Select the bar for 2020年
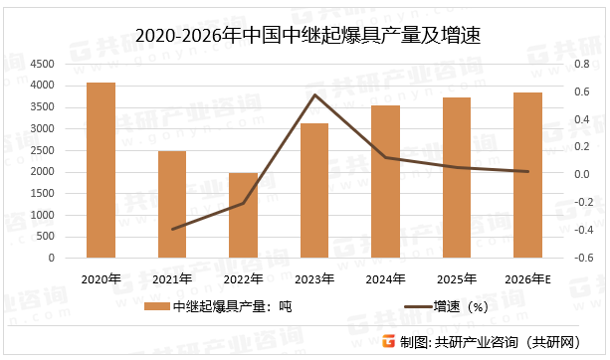101,170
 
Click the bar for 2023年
314,190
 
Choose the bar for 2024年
385,181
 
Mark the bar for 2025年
457,177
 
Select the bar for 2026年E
527,174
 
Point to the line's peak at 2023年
314,95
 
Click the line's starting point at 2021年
172,230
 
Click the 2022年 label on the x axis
243,278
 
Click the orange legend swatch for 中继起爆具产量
155,306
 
